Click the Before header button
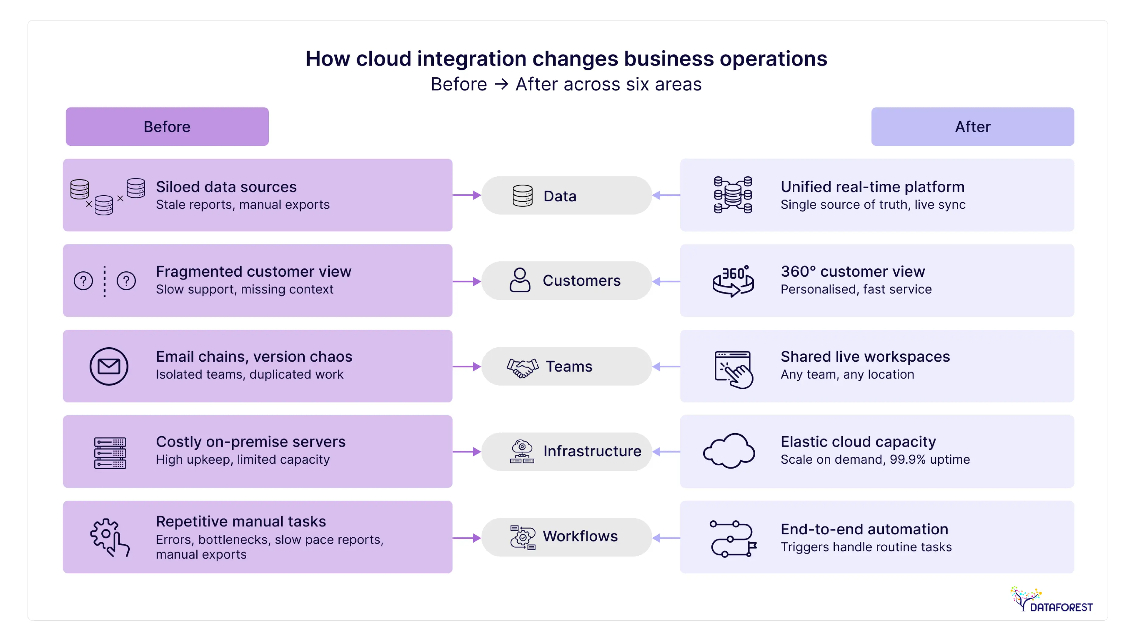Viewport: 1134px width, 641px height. (x=167, y=126)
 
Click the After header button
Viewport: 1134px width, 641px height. (x=972, y=126)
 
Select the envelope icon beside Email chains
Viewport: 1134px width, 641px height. (x=109, y=366)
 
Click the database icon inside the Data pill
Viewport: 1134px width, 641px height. (x=522, y=196)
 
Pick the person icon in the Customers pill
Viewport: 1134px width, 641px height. (x=520, y=280)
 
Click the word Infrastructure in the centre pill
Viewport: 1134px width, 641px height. (x=592, y=451)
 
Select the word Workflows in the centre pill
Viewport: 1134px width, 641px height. (x=580, y=536)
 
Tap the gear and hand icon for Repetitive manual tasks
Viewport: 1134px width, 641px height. (x=110, y=537)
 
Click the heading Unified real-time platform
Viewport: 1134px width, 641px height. (x=872, y=187)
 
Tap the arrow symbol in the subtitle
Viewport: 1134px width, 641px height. (x=501, y=84)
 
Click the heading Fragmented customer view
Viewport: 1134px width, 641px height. (x=254, y=271)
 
